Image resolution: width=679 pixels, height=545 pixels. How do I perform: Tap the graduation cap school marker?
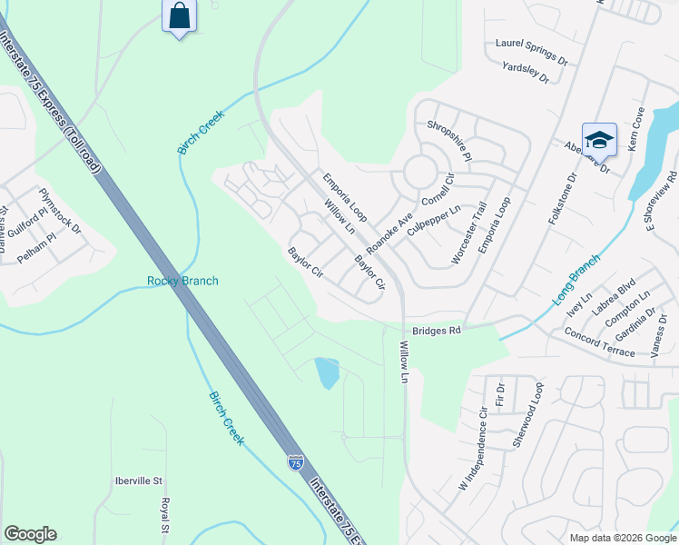tap(599, 140)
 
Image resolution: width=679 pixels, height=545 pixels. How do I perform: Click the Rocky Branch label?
tap(182, 281)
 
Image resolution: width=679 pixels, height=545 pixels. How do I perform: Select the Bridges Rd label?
tap(438, 332)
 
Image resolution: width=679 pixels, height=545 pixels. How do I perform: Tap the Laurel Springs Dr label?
tap(531, 51)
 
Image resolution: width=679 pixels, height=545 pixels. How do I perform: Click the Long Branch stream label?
tap(577, 280)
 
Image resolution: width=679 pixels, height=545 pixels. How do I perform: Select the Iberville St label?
tap(139, 481)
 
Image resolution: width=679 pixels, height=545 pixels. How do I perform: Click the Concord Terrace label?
tap(600, 345)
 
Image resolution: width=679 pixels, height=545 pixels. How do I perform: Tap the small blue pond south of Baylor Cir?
tap(327, 372)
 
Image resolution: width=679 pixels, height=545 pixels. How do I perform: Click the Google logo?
tap(30, 534)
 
